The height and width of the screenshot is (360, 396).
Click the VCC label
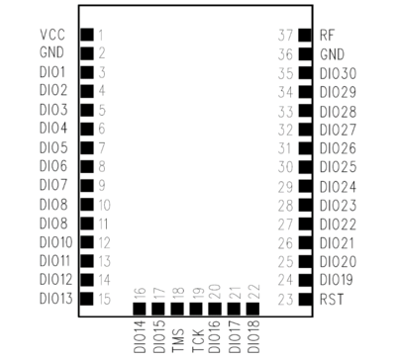click(51, 35)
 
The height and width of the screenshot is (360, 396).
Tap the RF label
click(327, 35)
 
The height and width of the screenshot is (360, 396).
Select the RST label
click(331, 298)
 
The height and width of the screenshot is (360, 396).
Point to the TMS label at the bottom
click(177, 335)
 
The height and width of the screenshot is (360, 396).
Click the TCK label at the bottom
click(196, 335)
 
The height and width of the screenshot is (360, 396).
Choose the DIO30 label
click(339, 72)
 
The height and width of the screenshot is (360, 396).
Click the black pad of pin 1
click(86, 35)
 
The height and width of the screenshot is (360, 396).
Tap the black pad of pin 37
click(305, 35)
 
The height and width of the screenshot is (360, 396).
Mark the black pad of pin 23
click(305, 298)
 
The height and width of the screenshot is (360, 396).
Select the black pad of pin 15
click(86, 298)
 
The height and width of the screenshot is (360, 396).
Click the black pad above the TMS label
click(177, 309)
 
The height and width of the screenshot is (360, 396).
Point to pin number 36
click(285, 53)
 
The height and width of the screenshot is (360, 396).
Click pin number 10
click(104, 204)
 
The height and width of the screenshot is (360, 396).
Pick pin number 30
click(285, 166)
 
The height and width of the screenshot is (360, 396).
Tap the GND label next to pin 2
click(51, 53)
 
